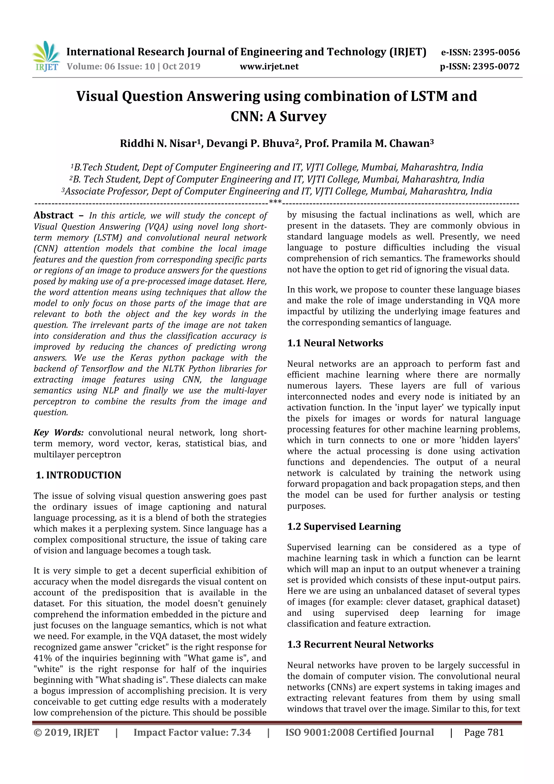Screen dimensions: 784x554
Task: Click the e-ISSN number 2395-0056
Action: (496, 53)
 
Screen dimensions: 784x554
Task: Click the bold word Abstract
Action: (53, 215)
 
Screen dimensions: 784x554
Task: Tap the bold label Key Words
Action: (58, 433)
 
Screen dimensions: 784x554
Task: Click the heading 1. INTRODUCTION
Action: (78, 475)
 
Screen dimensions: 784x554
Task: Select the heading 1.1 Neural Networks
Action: (335, 343)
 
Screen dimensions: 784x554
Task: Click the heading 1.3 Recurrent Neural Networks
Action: (360, 644)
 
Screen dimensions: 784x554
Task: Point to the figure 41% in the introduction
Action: (42, 658)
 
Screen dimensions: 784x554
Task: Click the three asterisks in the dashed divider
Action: (275, 202)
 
